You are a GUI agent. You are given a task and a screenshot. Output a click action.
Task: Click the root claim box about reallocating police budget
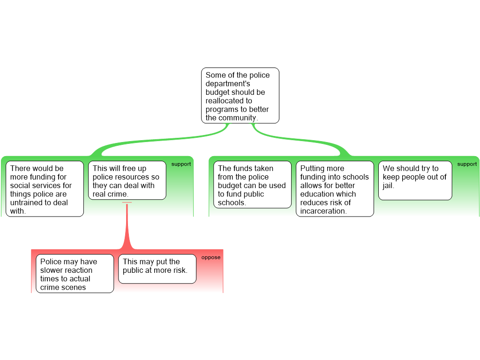240,96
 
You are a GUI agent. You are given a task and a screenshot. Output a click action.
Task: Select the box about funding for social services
45,189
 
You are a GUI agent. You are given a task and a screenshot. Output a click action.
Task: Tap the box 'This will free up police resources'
127,180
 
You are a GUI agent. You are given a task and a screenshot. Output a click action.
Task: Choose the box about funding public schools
252,185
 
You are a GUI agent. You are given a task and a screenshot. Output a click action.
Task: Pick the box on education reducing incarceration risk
335,189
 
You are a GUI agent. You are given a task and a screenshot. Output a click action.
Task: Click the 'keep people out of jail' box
415,180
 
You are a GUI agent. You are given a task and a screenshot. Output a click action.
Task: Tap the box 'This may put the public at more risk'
157,269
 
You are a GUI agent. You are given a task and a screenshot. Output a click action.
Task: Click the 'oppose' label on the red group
210,257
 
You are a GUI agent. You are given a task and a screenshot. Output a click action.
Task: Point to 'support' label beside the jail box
467,164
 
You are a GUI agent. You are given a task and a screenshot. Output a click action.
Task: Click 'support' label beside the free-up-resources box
181,164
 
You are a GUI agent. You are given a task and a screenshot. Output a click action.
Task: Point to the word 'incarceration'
323,211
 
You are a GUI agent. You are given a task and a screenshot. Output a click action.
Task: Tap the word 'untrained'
26,202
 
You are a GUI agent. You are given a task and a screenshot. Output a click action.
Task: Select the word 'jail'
388,186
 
